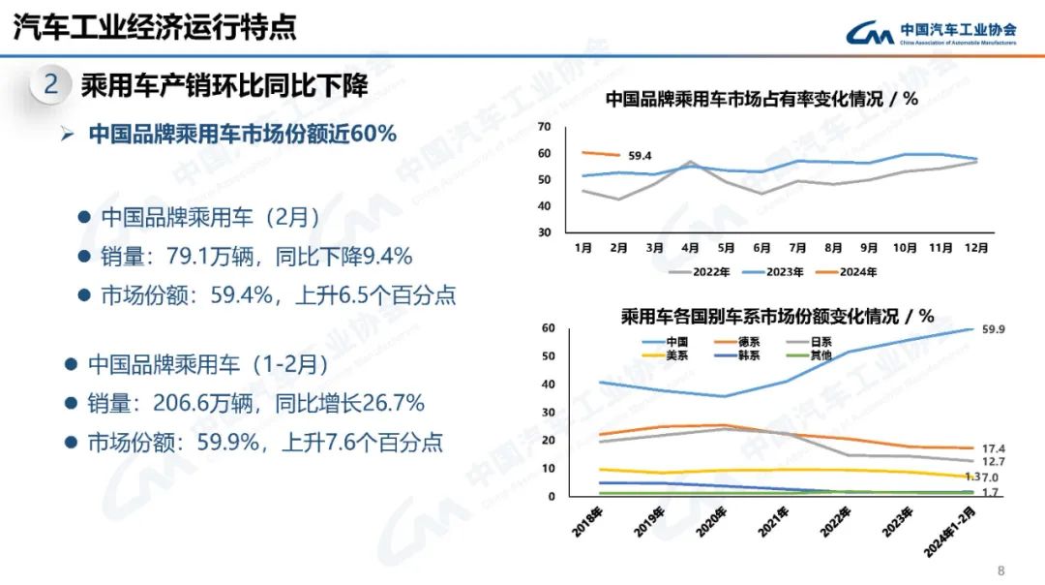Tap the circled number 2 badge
coord(51,85)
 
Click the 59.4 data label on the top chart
coord(640,155)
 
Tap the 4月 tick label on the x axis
coord(690,247)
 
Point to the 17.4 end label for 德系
coord(993,448)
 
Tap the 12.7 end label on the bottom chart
coord(993,462)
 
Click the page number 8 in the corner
coord(1001,570)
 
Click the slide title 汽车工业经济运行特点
coord(155,27)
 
